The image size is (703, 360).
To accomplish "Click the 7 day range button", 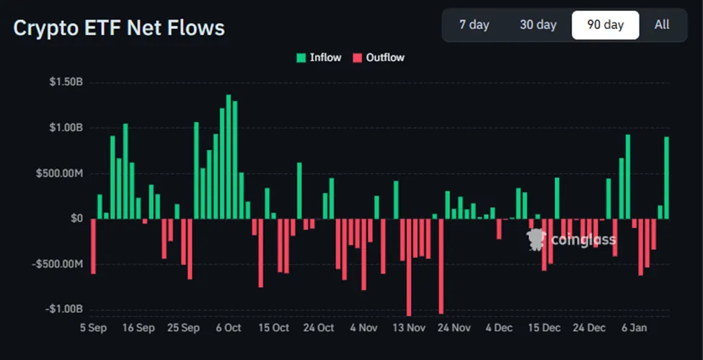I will coord(474,25).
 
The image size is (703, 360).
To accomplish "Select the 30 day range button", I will coord(538,25).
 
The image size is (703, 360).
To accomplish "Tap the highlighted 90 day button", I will coord(605,25).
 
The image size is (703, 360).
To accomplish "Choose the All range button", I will coord(662,25).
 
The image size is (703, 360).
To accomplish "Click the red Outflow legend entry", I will coord(379,58).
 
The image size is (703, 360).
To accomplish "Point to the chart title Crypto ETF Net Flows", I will coord(119,28).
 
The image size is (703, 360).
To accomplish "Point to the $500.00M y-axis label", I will coord(61,173).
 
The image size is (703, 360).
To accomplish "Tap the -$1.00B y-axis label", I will coord(63,309).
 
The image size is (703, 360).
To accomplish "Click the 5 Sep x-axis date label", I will coord(92,328).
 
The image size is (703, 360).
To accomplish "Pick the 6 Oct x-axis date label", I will coord(228,328).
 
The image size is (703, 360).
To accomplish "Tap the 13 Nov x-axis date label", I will coord(409,328).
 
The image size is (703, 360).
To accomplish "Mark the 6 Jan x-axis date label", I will coord(634,328).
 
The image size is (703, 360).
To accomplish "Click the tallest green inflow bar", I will coord(229,157).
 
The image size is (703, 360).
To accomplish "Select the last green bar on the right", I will coord(666,177).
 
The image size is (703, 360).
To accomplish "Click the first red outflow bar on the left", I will coord(93,246).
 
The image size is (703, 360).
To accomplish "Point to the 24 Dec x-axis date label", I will coord(589,328).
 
